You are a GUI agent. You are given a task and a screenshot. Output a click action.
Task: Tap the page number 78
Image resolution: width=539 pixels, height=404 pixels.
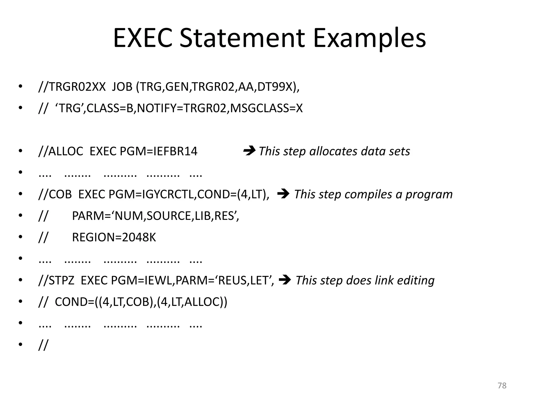502,386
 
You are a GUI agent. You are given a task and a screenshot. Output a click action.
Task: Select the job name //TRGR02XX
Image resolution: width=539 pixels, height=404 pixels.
72,87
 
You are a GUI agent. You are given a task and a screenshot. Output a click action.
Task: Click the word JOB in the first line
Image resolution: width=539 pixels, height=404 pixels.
122,87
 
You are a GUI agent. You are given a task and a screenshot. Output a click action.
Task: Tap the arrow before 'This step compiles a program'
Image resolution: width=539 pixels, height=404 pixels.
283,194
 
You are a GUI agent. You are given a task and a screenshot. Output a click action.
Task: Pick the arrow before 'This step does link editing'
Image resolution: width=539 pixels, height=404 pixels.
285,280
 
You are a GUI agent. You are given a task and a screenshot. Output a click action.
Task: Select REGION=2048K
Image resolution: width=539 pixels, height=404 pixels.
114,238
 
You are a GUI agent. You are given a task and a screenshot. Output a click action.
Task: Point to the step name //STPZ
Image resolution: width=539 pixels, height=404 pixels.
57,280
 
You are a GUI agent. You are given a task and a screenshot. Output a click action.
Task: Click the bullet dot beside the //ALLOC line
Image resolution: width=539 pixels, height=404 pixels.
21,151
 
